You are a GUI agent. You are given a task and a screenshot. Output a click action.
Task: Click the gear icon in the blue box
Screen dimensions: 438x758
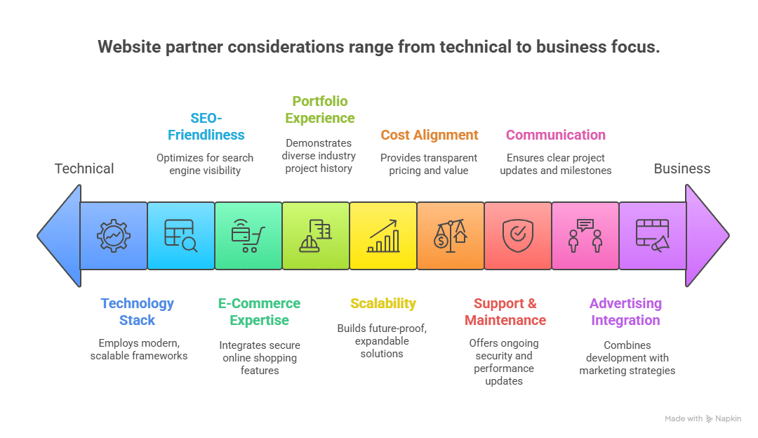pyautogui.click(x=114, y=236)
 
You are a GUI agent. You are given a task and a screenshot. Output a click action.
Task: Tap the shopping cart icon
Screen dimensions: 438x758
pyautogui.click(x=248, y=236)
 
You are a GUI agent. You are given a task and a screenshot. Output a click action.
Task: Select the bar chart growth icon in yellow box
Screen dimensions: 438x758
pyautogui.click(x=383, y=236)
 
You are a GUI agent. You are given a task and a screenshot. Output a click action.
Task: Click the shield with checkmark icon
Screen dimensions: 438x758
pyautogui.click(x=518, y=236)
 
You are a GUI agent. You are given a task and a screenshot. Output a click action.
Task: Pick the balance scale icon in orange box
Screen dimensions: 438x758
pyautogui.click(x=451, y=236)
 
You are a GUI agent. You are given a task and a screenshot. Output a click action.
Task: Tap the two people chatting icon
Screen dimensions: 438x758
pyautogui.click(x=585, y=236)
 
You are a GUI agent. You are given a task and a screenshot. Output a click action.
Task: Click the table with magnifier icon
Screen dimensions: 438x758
pyautogui.click(x=181, y=236)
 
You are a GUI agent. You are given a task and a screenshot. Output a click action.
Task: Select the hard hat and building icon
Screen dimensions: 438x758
pyautogui.click(x=316, y=236)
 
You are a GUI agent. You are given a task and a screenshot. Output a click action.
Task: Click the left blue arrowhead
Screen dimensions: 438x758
pyautogui.click(x=60, y=236)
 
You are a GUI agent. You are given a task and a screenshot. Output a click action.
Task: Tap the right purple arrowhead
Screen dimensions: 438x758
pyautogui.click(x=706, y=236)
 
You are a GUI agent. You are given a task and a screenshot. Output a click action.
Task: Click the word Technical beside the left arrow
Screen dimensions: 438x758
pyautogui.click(x=84, y=168)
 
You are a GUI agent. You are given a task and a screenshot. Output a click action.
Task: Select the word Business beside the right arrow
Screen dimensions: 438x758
pyautogui.click(x=681, y=168)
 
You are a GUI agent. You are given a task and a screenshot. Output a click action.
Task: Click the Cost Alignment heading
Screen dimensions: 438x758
pyautogui.click(x=430, y=135)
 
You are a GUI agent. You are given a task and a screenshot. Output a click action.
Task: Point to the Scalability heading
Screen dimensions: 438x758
pyautogui.click(x=383, y=303)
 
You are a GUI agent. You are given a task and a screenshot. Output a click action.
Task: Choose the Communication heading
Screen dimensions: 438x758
pyautogui.click(x=555, y=135)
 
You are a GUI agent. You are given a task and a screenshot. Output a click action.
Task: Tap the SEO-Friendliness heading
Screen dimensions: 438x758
pyautogui.click(x=206, y=126)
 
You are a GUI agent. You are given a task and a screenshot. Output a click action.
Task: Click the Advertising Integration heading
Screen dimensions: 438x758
pyautogui.click(x=625, y=312)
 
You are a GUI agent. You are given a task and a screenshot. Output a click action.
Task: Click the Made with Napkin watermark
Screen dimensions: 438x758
pyautogui.click(x=703, y=418)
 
